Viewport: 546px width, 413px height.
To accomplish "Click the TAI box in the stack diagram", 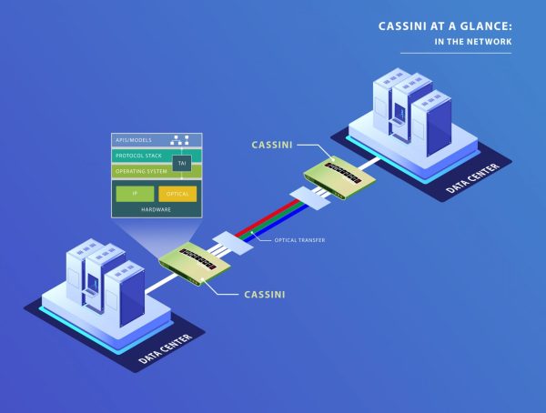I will pyautogui.click(x=184, y=163).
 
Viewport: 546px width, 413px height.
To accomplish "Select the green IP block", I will pyautogui.click(x=134, y=194).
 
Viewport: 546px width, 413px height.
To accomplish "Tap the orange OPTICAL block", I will pyautogui.click(x=177, y=194).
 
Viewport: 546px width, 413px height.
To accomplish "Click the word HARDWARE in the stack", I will pyautogui.click(x=156, y=209).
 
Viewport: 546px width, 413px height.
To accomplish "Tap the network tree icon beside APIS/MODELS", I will pyautogui.click(x=180, y=141).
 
